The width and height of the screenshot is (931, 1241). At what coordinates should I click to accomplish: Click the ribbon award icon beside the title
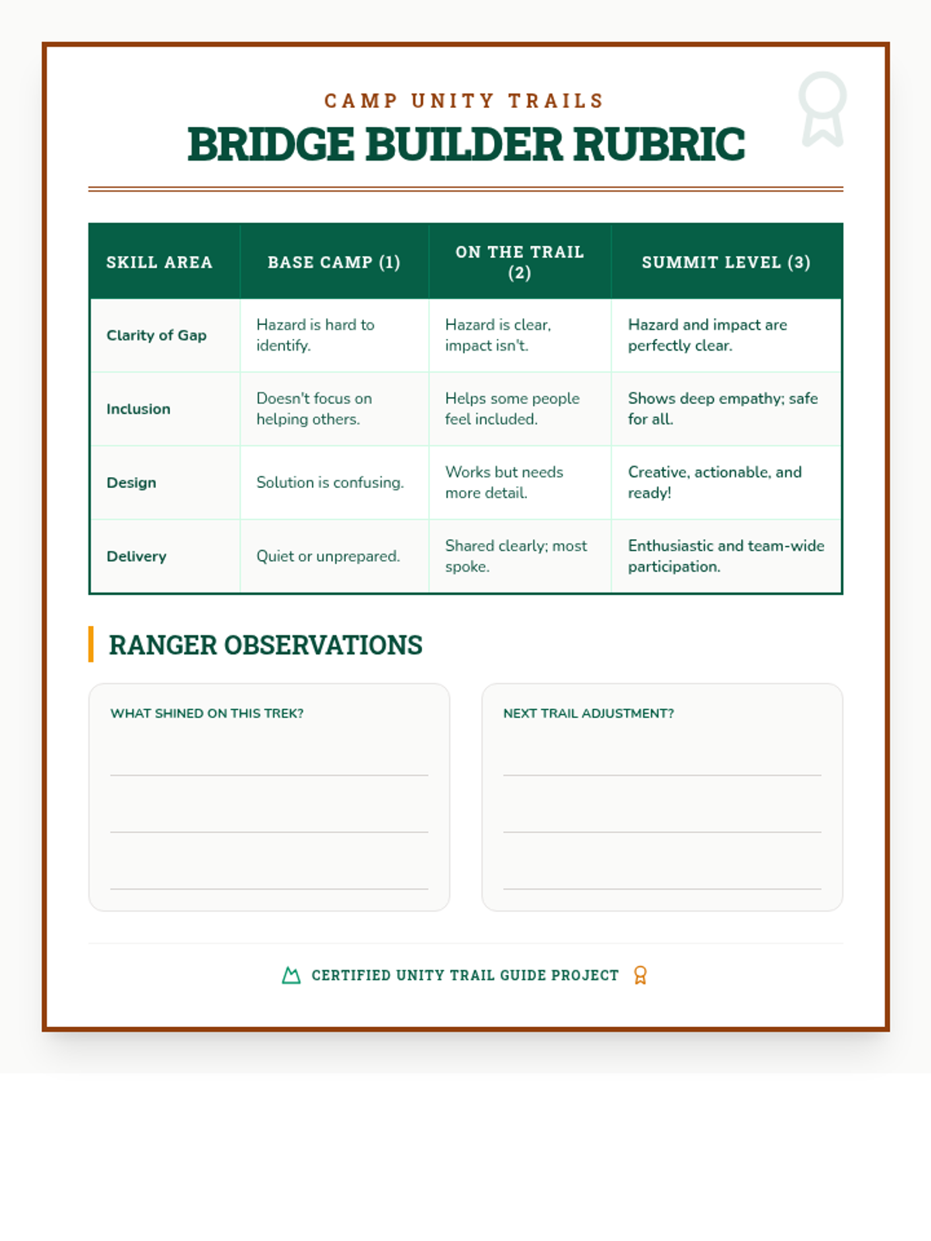point(822,108)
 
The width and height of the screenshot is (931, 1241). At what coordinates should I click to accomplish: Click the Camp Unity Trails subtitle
point(465,101)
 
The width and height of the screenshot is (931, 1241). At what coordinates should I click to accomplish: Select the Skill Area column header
point(159,262)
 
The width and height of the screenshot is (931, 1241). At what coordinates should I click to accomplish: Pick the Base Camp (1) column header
point(334,262)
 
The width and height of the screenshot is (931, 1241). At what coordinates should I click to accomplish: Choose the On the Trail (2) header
point(519,262)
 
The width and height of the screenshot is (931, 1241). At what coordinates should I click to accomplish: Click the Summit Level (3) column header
point(725,262)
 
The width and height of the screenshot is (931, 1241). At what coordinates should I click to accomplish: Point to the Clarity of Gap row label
point(156,335)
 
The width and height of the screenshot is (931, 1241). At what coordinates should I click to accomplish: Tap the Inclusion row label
point(138,409)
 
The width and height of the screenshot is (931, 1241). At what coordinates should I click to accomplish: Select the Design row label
point(131,482)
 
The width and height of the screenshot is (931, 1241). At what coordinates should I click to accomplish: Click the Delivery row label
point(136,556)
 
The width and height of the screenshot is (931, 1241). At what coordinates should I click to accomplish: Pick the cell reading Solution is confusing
point(330,482)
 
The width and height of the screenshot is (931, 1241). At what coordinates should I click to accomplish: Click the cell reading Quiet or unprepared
point(328,556)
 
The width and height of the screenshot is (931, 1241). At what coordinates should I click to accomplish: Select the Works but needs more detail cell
point(504,482)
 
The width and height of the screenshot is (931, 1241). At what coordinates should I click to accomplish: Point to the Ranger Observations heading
point(265,645)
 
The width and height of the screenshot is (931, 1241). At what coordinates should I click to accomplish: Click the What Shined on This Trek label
point(206,714)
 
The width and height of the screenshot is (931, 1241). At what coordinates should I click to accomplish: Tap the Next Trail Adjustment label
point(588,714)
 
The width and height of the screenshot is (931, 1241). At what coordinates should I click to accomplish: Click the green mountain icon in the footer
point(291,975)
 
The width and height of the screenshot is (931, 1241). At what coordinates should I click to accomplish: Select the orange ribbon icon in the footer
point(640,975)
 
